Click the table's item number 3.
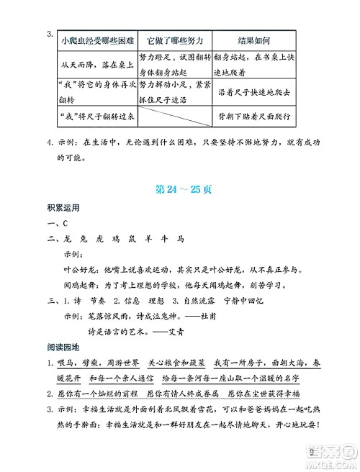pos(49,34)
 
